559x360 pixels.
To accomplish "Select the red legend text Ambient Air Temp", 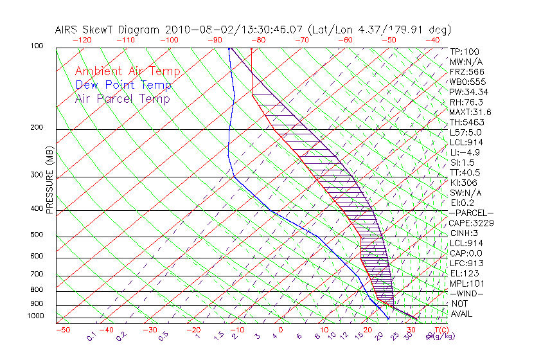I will (x=127, y=71).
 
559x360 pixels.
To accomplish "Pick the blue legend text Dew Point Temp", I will (x=123, y=85).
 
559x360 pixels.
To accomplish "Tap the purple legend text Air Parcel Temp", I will (x=123, y=98).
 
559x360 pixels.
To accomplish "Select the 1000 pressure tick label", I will (x=36, y=316).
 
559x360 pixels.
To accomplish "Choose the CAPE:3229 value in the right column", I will (x=471, y=223).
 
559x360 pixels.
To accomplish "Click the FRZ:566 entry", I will (x=467, y=71).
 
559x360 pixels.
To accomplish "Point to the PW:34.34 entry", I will (x=469, y=92).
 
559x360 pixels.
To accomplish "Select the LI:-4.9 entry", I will (x=465, y=152).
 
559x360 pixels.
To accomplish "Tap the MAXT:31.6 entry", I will (x=471, y=112).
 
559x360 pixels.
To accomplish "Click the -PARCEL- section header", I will (x=471, y=213).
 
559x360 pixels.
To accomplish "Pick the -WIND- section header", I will (x=467, y=293).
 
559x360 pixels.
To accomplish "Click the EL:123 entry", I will (x=463, y=273).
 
